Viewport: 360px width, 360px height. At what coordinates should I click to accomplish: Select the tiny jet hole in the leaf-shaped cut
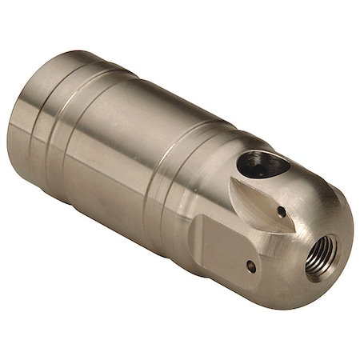[282, 211]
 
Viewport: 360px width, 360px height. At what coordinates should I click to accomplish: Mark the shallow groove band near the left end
[56, 128]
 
